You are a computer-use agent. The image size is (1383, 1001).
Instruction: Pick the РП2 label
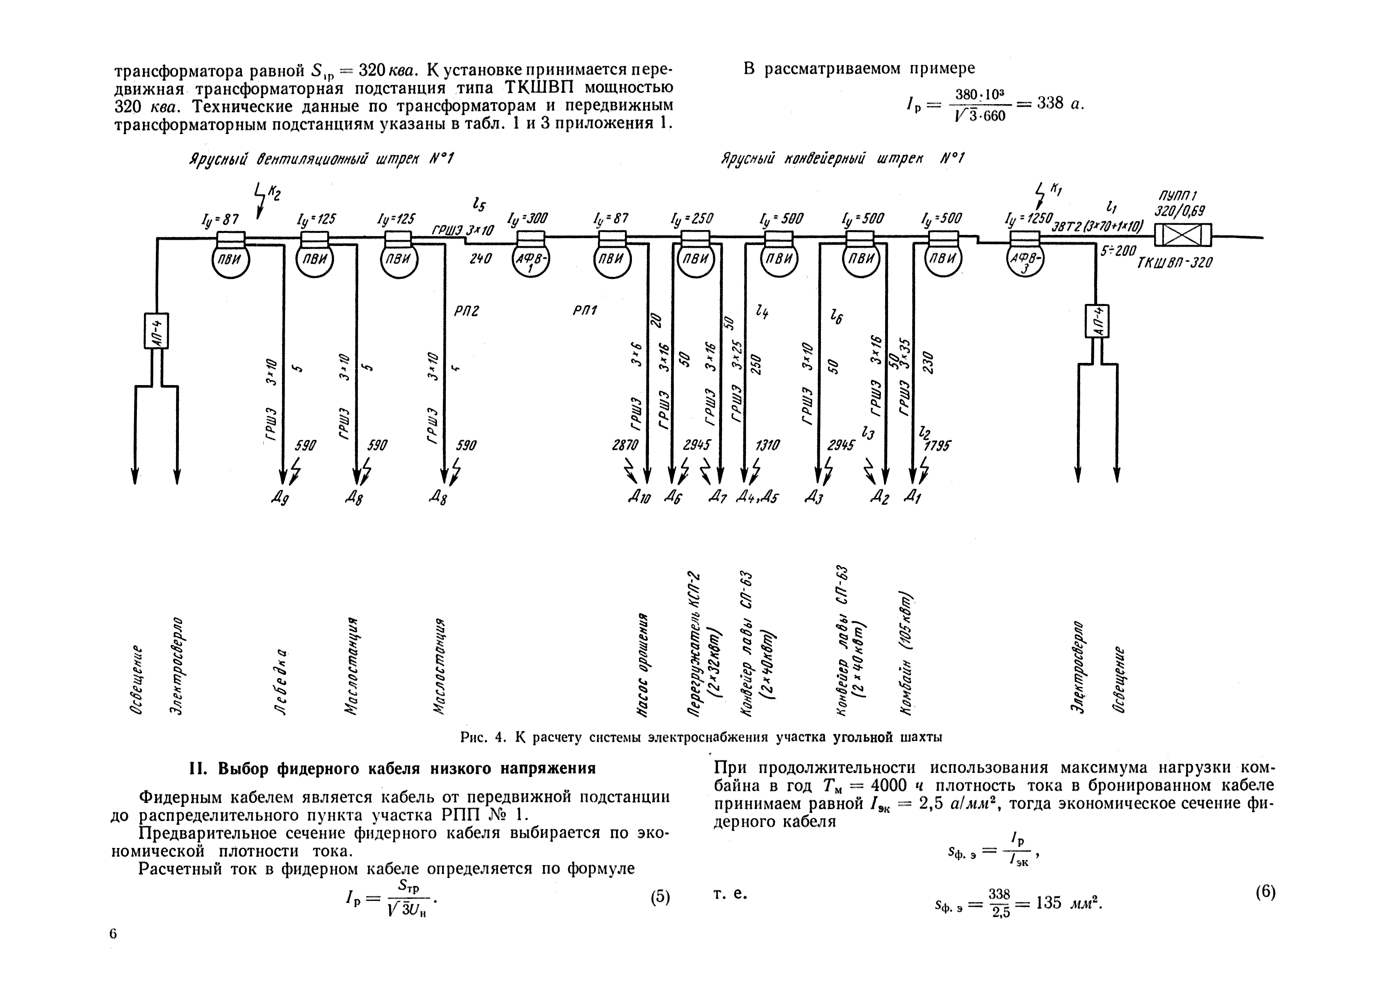(466, 311)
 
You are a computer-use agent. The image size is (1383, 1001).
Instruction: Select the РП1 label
(584, 310)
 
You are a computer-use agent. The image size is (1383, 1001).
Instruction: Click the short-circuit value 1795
(937, 446)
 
